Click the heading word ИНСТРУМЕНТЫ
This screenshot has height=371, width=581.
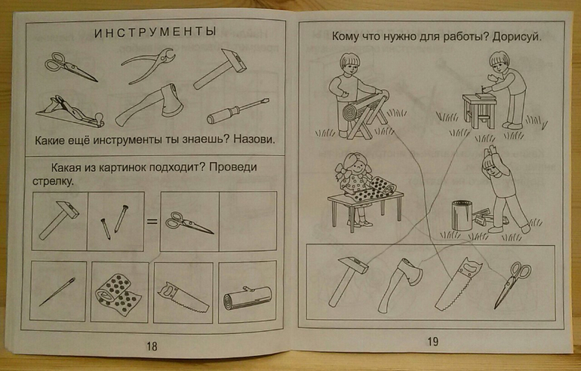click(155, 32)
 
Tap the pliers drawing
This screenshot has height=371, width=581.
click(148, 65)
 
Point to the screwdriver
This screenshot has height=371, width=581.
click(238, 111)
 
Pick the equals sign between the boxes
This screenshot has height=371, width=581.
click(152, 222)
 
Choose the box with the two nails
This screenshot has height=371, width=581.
click(115, 222)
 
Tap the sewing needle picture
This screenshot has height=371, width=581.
click(57, 292)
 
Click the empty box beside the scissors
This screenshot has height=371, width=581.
click(248, 222)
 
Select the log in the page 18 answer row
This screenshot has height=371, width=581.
click(247, 298)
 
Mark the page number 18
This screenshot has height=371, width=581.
click(152, 346)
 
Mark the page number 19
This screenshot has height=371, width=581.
click(433, 341)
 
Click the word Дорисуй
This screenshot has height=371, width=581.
click(518, 38)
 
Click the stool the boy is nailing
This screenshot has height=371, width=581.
click(479, 110)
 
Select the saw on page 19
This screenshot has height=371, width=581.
click(457, 284)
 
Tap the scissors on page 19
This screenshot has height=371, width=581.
click(513, 284)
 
